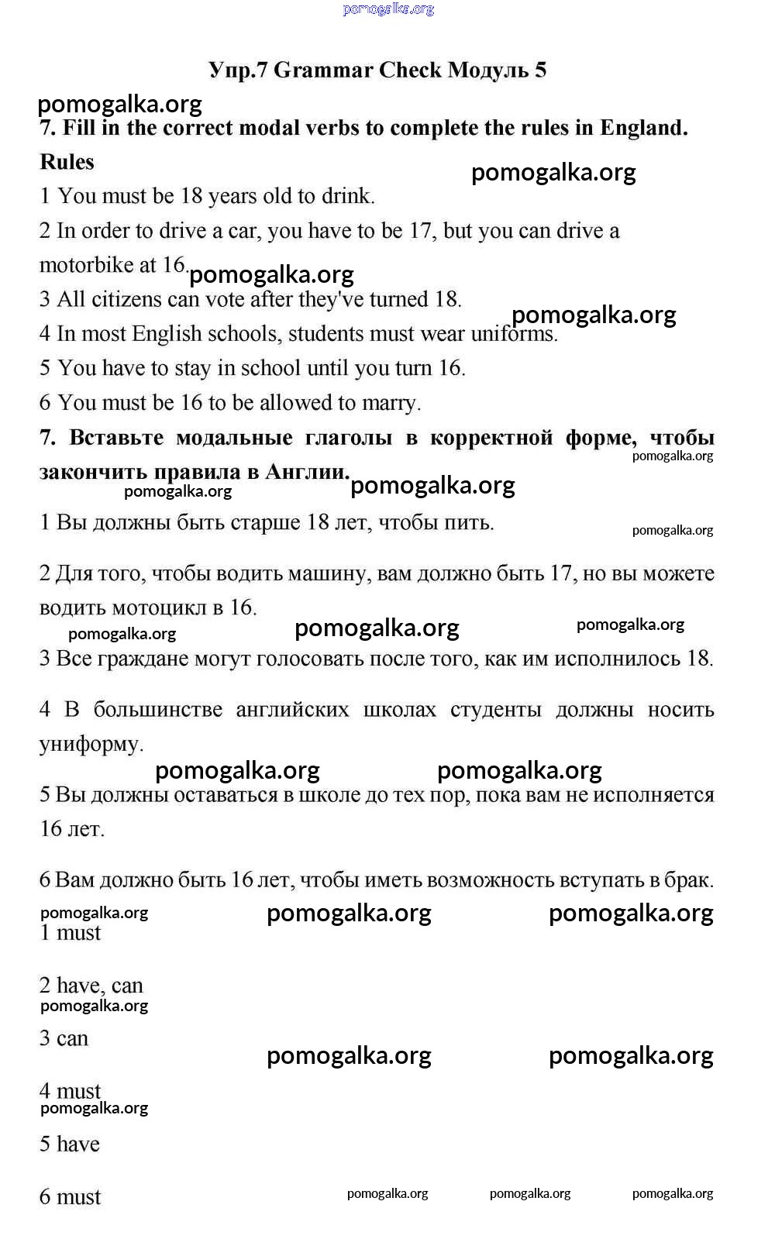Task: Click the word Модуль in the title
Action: coord(487,71)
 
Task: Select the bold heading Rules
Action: coord(67,162)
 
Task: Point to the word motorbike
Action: coord(87,265)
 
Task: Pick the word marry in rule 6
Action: coord(395,403)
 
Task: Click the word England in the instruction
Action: coord(642,128)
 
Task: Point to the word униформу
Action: coord(91,745)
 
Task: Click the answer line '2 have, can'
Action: coord(91,986)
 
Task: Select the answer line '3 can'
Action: coord(64,1038)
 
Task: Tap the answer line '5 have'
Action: coord(70,1144)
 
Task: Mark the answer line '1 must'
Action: coord(71,933)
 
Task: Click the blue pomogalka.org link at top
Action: coord(388,9)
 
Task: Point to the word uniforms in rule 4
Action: coord(515,334)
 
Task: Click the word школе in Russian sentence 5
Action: coord(314,795)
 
